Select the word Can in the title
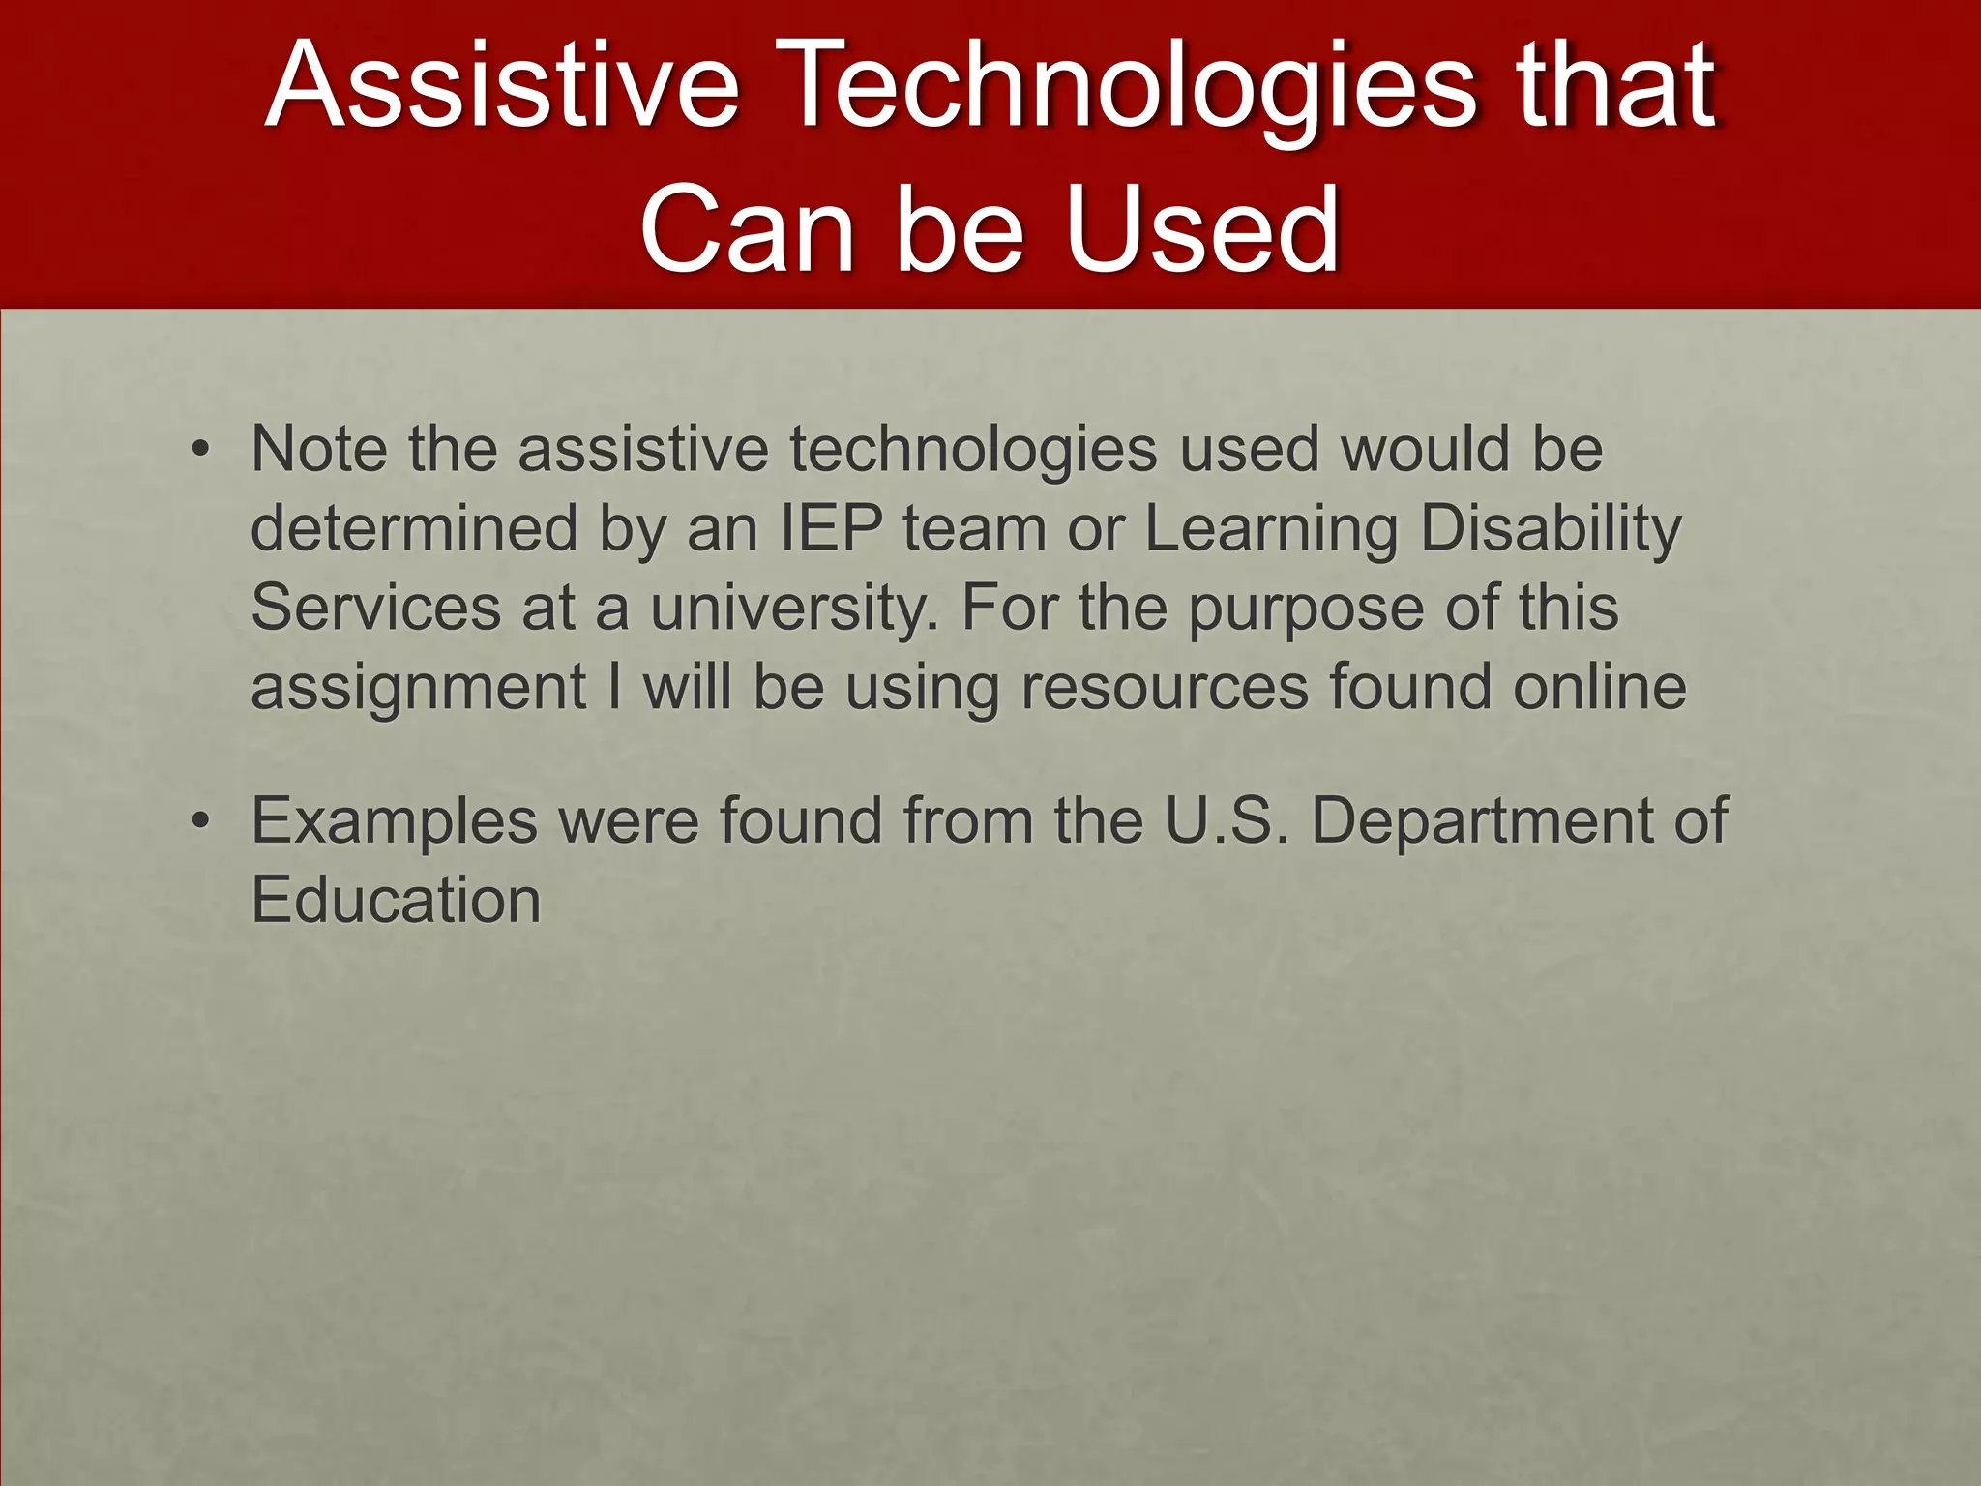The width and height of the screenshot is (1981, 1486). click(745, 229)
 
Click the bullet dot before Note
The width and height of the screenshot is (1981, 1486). click(199, 450)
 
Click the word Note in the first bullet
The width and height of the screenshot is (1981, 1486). click(318, 449)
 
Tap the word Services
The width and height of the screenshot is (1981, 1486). click(375, 608)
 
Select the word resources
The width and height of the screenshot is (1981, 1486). click(1165, 687)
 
